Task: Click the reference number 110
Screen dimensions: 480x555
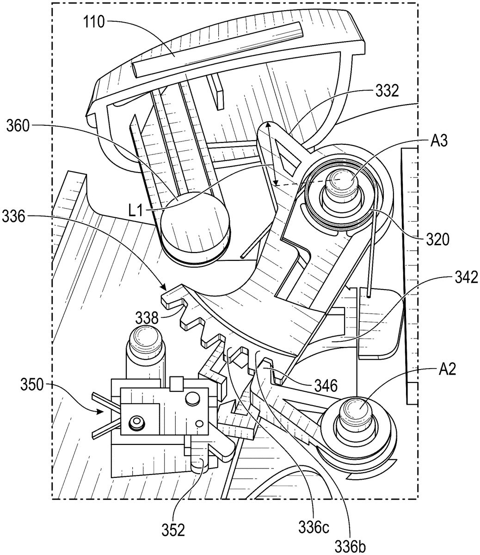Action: [94, 22]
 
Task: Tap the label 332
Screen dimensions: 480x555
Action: [388, 91]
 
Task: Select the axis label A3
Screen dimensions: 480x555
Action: [439, 141]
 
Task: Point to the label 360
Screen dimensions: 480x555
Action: [18, 126]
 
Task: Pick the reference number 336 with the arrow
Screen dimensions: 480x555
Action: [14, 216]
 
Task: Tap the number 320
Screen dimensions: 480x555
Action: [437, 240]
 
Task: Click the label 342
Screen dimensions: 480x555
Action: [467, 277]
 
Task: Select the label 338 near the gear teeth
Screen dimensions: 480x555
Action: [147, 319]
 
